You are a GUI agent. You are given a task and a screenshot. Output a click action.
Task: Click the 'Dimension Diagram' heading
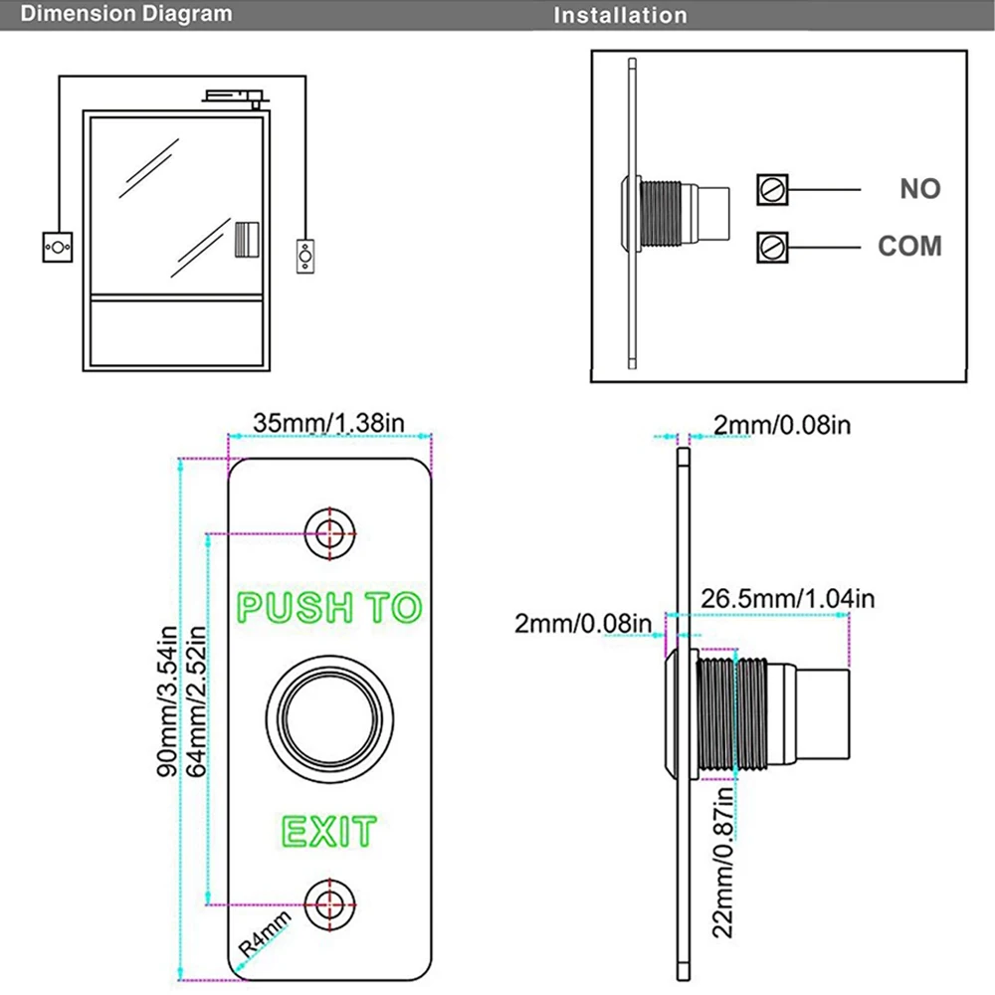pyautogui.click(x=117, y=14)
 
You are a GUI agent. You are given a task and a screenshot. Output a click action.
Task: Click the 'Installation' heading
pyautogui.click(x=620, y=15)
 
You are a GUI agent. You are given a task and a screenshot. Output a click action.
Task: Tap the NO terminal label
pyautogui.click(x=919, y=188)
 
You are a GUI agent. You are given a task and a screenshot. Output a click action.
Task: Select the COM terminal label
pyautogui.click(x=909, y=246)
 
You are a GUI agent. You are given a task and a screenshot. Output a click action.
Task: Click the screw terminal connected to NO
pyautogui.click(x=773, y=188)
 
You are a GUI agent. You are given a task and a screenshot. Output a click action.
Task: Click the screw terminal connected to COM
pyautogui.click(x=773, y=245)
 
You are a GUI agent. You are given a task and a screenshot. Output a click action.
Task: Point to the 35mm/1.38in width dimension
pyautogui.click(x=328, y=422)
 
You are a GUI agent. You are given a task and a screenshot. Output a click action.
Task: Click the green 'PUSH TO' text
pyautogui.click(x=329, y=607)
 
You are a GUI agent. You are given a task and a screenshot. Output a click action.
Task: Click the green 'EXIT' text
pyautogui.click(x=329, y=830)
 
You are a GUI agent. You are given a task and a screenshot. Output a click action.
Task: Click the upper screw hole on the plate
pyautogui.click(x=329, y=531)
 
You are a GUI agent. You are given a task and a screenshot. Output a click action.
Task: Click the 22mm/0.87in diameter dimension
pyautogui.click(x=722, y=862)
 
